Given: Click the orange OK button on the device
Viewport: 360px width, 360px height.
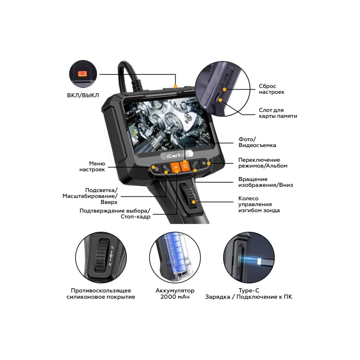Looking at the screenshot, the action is tap(175, 167).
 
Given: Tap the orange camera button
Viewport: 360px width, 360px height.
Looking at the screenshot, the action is tap(185, 166).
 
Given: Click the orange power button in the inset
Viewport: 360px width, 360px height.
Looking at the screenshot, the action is tap(82, 73).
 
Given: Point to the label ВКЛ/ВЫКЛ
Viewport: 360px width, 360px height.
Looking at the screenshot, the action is tap(83, 95).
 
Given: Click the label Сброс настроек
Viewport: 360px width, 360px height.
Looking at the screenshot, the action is tap(271, 89).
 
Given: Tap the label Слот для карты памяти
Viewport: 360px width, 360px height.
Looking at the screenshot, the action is tap(278, 113).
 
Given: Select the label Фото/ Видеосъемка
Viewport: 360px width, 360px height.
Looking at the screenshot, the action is tap(257, 142).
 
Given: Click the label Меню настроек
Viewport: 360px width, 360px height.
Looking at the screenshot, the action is tap(92, 166).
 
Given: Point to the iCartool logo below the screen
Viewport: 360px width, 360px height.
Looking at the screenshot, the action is tap(176, 155).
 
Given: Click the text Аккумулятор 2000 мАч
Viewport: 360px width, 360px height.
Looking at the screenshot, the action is tap(175, 294).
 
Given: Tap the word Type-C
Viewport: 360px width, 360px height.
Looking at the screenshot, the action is tap(249, 290).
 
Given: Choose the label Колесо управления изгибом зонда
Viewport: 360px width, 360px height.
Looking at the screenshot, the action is tap(259, 204).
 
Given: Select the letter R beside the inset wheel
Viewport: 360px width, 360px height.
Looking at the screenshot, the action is tap(110, 264).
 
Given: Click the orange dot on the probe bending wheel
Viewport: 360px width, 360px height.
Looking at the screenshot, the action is tap(193, 202).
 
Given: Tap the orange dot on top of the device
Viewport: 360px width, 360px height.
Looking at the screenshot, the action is tap(175, 86).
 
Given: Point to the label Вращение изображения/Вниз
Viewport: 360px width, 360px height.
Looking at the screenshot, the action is tap(265, 182).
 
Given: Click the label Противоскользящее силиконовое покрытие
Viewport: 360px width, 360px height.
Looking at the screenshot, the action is tap(101, 294).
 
